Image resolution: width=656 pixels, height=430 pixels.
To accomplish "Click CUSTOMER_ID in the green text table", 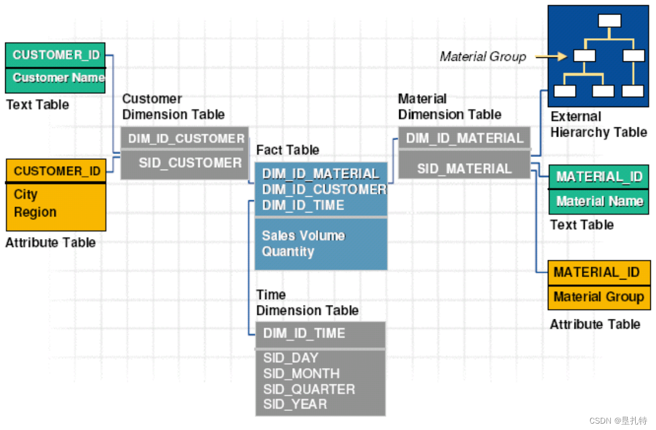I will [x=56, y=55].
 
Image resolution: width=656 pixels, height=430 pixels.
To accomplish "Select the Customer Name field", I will [x=58, y=78].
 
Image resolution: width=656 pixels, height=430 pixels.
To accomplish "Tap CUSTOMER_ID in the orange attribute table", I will [x=57, y=171].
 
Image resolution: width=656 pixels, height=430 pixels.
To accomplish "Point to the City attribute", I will [x=25, y=194].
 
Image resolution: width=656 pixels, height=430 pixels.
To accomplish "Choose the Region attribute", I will [x=35, y=212].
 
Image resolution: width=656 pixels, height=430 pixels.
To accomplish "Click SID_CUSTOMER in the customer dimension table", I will [x=190, y=163].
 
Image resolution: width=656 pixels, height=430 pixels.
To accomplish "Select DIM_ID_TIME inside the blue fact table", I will [x=303, y=205].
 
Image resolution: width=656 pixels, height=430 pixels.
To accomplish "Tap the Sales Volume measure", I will [x=303, y=236].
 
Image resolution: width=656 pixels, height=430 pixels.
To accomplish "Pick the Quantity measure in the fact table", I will [x=288, y=252].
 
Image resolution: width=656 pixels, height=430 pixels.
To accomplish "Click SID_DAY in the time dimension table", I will [x=290, y=358].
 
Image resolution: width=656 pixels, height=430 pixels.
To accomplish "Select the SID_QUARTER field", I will [x=309, y=389].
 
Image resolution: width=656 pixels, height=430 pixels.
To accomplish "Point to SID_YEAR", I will [x=295, y=405].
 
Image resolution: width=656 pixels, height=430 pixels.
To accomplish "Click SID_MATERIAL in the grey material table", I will [x=464, y=168].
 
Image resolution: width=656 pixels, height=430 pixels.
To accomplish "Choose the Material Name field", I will [x=599, y=201].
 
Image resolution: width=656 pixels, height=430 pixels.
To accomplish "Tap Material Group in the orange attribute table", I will [x=598, y=297].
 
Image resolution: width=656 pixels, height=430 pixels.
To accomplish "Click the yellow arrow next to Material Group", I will [x=550, y=57].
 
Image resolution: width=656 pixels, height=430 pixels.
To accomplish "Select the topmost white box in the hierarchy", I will [x=609, y=21].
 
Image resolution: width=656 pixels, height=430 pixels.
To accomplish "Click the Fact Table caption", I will [x=288, y=150].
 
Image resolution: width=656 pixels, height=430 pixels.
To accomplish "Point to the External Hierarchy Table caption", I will [x=598, y=124].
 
